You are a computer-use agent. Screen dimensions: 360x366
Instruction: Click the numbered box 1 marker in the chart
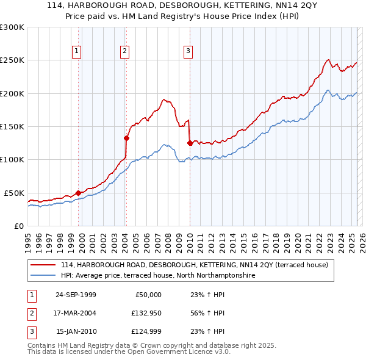[77, 51]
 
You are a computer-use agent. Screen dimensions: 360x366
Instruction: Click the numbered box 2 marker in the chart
[124, 51]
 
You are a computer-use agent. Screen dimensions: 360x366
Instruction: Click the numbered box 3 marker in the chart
[188, 51]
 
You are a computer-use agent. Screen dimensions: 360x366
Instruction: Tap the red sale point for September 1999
[78, 193]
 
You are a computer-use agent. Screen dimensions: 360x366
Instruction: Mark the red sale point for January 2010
[190, 143]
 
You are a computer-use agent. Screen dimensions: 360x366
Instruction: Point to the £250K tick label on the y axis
[12, 60]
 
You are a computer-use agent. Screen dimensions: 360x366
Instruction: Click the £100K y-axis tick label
[12, 159]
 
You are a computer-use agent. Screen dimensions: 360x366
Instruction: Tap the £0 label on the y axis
[18, 226]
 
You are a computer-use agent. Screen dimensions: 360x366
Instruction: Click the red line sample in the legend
[43, 265]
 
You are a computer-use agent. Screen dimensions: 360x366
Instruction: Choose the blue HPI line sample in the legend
[43, 276]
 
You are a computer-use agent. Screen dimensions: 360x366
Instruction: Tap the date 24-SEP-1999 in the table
[76, 295]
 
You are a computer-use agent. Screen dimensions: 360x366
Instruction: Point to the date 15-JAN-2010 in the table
[76, 331]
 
